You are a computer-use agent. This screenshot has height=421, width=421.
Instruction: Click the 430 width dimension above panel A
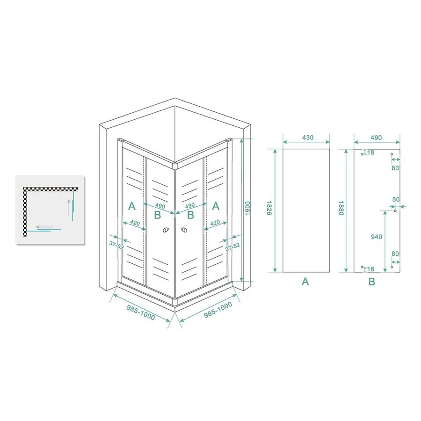pyautogui.click(x=307, y=138)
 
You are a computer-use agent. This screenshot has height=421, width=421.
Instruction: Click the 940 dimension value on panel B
pyautogui.click(x=377, y=237)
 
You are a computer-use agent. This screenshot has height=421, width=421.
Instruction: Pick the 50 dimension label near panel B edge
pyautogui.click(x=396, y=200)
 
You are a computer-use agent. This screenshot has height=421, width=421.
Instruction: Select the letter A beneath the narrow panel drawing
pyautogui.click(x=305, y=282)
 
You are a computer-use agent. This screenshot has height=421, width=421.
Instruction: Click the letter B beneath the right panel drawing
pyautogui.click(x=372, y=282)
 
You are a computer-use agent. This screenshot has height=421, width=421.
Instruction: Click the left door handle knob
pyautogui.click(x=165, y=230)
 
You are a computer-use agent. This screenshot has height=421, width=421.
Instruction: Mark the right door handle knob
pyautogui.click(x=184, y=230)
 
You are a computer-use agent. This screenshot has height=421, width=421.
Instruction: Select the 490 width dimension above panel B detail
pyautogui.click(x=377, y=138)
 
